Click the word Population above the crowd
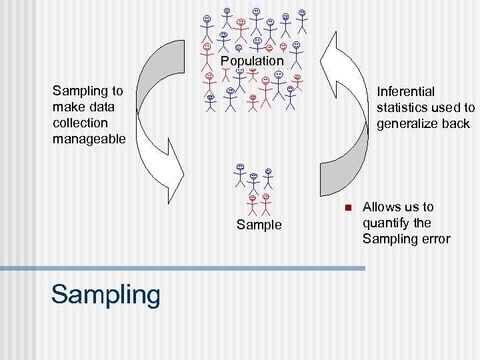click(252, 61)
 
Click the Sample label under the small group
click(259, 225)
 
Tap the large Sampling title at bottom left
click(105, 294)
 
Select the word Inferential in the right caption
click(405, 91)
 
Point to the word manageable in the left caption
click(89, 139)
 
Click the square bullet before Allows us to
click(347, 207)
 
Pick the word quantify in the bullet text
click(387, 223)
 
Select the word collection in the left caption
click(80, 123)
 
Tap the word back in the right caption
click(455, 123)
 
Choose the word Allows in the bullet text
click(381, 207)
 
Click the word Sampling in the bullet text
click(389, 239)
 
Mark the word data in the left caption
click(101, 107)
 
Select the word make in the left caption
click(68, 107)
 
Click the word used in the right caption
click(449, 107)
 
